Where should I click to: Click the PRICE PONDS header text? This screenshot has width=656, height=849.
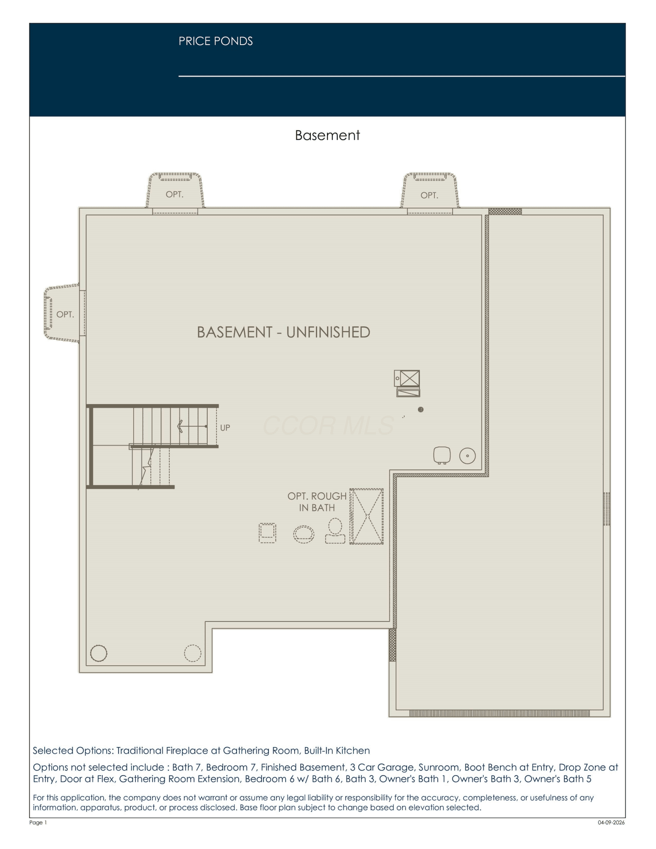[216, 41]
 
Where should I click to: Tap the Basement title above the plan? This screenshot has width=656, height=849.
[327, 135]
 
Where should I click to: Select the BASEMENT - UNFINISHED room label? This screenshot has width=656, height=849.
[283, 332]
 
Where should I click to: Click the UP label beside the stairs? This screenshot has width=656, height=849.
[225, 427]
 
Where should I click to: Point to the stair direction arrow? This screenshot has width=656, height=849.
[192, 426]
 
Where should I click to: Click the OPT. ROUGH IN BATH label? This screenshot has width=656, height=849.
[317, 502]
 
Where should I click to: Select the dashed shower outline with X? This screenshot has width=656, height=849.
[366, 516]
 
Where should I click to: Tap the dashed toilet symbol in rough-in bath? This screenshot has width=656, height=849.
[335, 531]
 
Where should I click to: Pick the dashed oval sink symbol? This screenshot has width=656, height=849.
[304, 534]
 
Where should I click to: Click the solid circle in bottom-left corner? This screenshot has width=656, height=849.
[99, 653]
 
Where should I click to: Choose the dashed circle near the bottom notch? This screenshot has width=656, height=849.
[192, 653]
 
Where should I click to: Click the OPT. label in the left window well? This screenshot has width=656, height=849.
[65, 315]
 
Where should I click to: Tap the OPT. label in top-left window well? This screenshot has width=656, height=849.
[175, 194]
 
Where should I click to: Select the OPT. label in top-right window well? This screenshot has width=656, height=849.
[429, 195]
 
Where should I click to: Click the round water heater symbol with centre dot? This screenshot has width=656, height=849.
[467, 456]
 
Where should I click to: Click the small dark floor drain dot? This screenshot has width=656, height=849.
[421, 409]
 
